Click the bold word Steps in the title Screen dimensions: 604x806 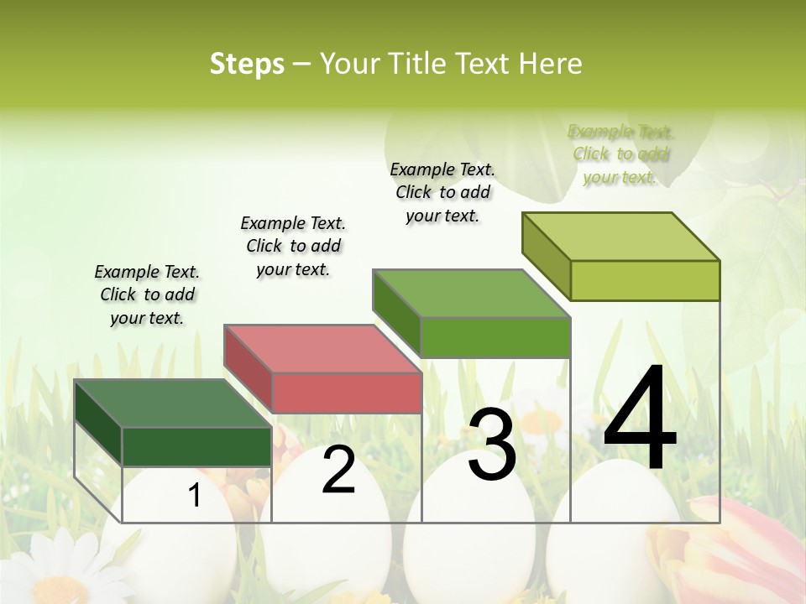coord(247,64)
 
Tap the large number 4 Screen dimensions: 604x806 coord(640,419)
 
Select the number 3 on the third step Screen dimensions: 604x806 coord(492,445)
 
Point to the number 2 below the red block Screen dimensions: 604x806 coord(338,470)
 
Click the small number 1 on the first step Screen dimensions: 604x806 coord(195,496)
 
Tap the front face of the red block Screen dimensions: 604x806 coord(347,393)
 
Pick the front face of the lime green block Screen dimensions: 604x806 coord(645,280)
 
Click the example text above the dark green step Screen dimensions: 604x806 coord(147,295)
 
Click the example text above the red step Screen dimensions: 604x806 coord(293,246)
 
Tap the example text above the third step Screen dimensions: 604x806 coord(442,192)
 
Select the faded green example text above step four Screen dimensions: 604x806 coord(620,154)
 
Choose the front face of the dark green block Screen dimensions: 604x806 coord(196,446)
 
